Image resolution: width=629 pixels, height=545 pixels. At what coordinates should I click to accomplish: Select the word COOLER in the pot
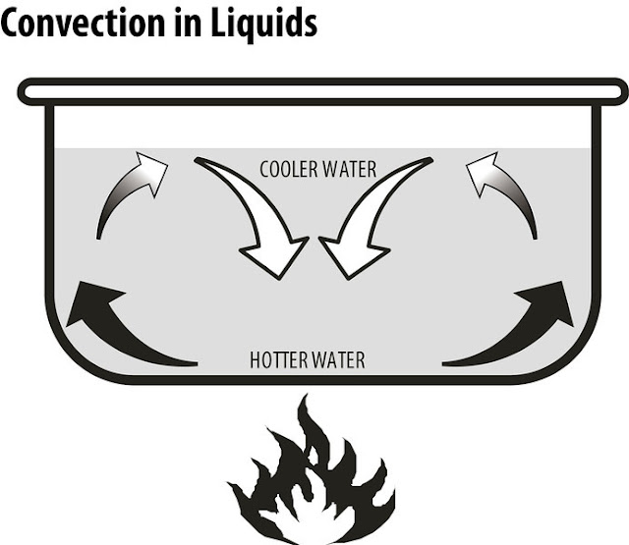[x=289, y=169]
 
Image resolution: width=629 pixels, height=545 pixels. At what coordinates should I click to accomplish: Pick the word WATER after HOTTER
[x=339, y=360]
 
